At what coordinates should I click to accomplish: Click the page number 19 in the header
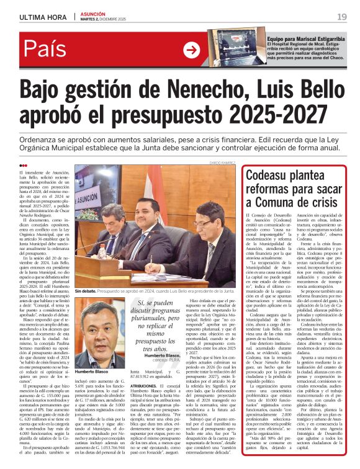pos(342,16)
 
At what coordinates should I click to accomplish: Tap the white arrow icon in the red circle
pos(193,50)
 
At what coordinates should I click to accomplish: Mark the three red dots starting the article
pos(23,165)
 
